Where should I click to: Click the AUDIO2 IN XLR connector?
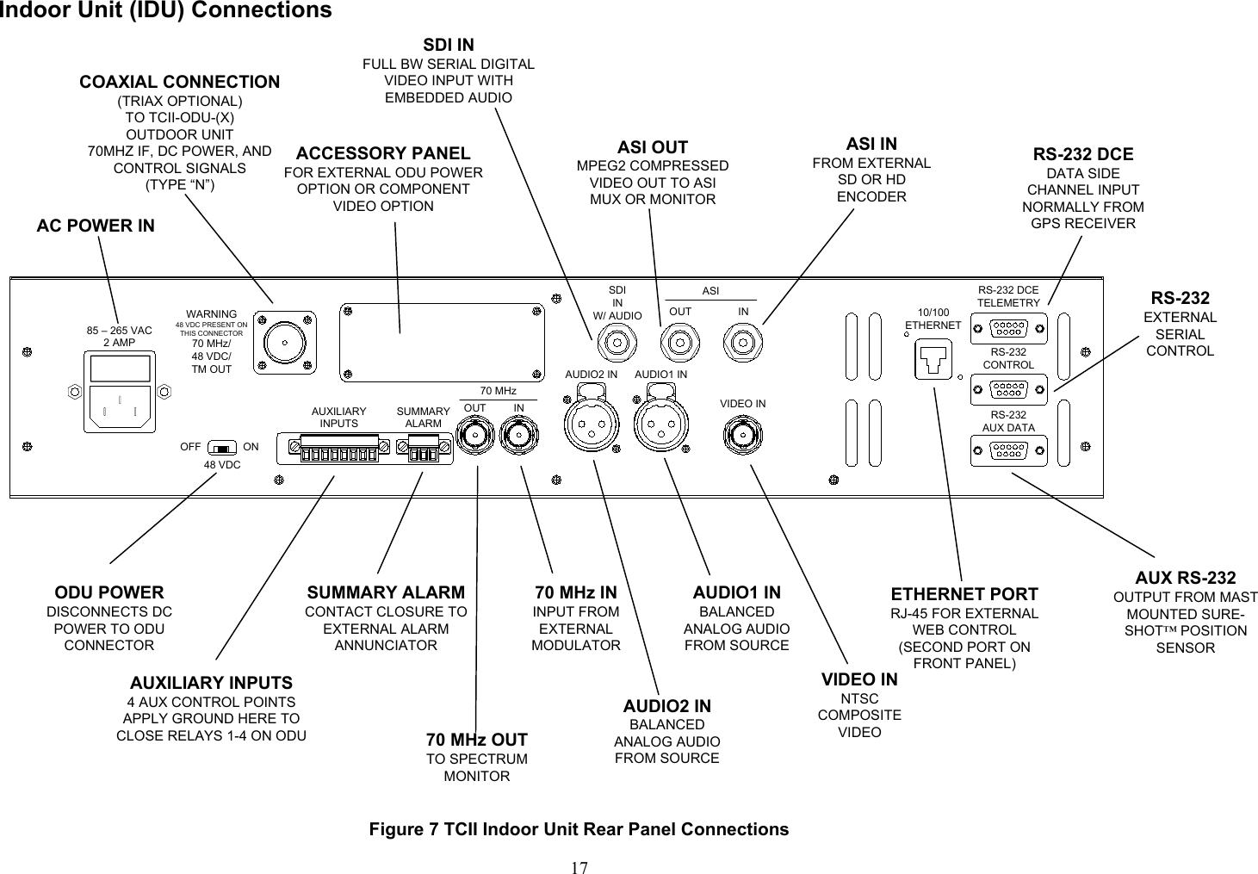(x=591, y=423)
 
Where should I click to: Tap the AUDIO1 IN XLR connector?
(x=660, y=423)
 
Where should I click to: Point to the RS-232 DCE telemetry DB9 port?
(x=1008, y=327)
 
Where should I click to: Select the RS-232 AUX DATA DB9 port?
(x=1008, y=450)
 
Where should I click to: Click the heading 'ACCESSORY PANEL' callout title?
(x=383, y=153)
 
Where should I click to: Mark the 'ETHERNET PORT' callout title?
(x=964, y=594)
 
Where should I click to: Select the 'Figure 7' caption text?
(x=579, y=829)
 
